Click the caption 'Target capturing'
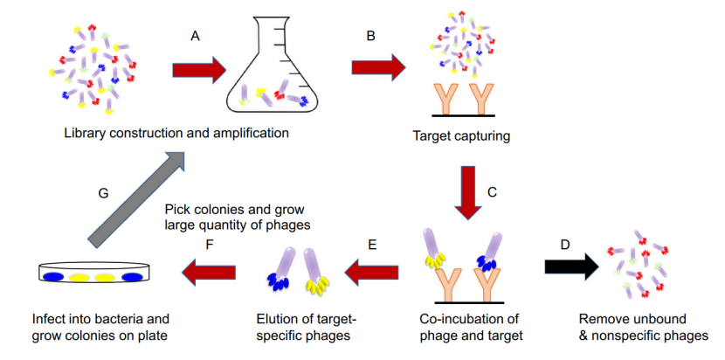pyautogui.click(x=459, y=136)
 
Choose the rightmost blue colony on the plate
pyautogui.click(x=131, y=277)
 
